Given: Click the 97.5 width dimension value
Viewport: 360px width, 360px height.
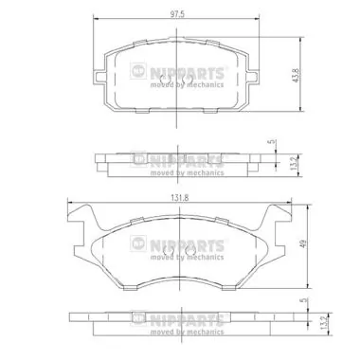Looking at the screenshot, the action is pyautogui.click(x=177, y=14).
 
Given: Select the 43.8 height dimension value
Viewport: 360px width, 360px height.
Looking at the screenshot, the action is pyautogui.click(x=296, y=76).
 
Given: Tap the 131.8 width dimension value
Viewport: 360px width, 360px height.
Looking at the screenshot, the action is pyautogui.click(x=180, y=198).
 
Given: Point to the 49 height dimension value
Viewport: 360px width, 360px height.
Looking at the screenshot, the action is pyautogui.click(x=303, y=244).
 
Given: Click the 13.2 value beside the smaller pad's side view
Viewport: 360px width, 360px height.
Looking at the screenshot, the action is pyautogui.click(x=294, y=164).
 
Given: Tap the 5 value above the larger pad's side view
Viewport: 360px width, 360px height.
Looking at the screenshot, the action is pyautogui.click(x=304, y=300).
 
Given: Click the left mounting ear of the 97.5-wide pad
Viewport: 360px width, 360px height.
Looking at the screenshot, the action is pyautogui.click(x=99, y=77).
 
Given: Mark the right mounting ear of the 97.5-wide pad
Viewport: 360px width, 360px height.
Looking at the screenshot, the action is pyautogui.click(x=254, y=77).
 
